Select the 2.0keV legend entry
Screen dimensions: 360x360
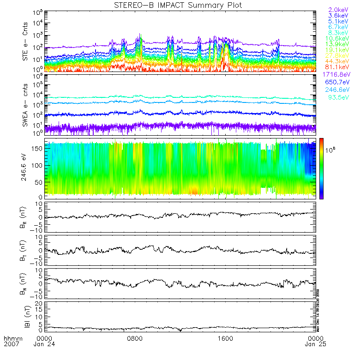coord(338,10)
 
